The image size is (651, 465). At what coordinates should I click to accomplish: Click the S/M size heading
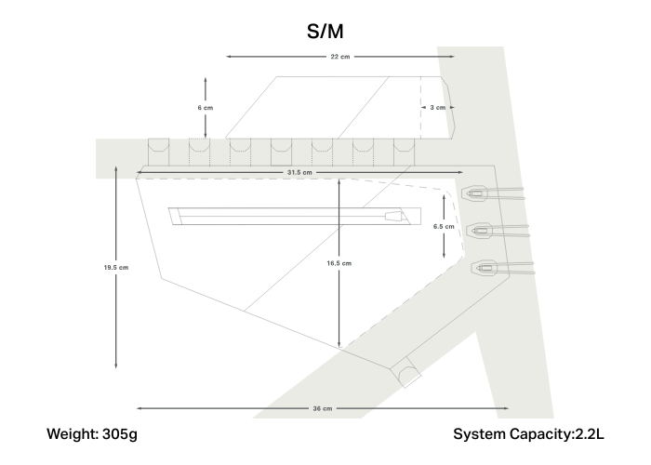[325, 32]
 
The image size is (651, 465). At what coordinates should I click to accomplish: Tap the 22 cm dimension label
[339, 57]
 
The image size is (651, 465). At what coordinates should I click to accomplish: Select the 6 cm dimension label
[206, 108]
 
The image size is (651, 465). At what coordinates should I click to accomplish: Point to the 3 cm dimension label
[438, 108]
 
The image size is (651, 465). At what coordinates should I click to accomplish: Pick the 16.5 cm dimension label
[339, 263]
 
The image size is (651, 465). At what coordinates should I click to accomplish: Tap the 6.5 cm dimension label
[445, 226]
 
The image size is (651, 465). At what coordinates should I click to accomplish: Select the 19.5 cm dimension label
[115, 267]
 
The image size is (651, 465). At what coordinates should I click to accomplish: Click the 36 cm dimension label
[322, 408]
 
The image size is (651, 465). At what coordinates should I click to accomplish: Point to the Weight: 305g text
[92, 434]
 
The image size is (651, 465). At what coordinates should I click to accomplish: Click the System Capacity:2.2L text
[527, 434]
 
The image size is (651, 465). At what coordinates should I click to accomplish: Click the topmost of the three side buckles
[477, 194]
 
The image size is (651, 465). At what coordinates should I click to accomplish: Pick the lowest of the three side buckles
[485, 269]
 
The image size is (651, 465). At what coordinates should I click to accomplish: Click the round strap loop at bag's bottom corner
[408, 375]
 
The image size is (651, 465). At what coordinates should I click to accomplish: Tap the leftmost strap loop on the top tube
[157, 150]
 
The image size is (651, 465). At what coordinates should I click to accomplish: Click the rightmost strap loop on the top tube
[403, 150]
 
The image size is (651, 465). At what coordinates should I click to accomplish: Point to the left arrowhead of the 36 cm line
[139, 408]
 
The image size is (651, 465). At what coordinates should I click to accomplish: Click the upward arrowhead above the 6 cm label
[206, 79]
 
